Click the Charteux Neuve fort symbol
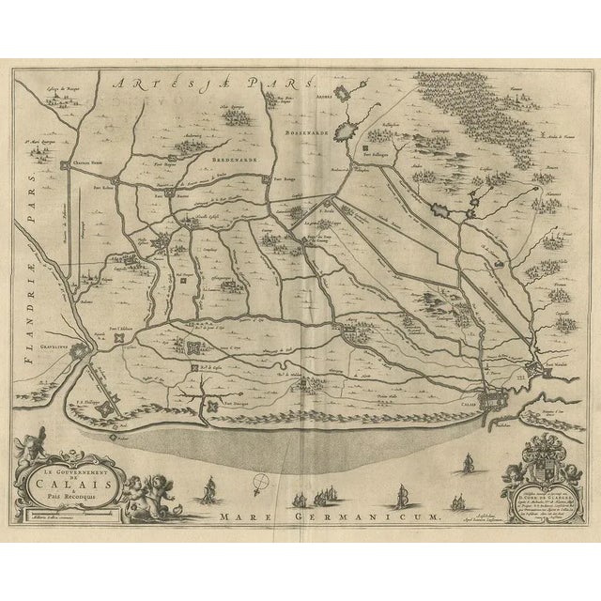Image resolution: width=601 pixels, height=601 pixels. (67, 165)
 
